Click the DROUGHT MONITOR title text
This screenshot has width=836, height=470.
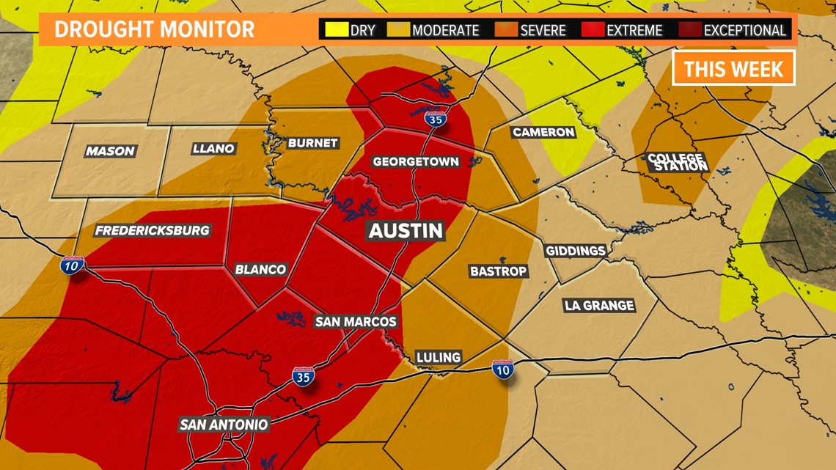click(x=154, y=29)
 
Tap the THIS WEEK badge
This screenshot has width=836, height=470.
click(x=733, y=69)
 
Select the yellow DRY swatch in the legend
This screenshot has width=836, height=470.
click(x=336, y=30)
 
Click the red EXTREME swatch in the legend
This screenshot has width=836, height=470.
click(x=593, y=30)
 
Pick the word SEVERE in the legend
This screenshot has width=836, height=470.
click(x=543, y=31)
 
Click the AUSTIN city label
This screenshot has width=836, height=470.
click(x=406, y=230)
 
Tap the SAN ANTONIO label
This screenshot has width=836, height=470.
click(x=224, y=425)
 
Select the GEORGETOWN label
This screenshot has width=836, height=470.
click(x=416, y=161)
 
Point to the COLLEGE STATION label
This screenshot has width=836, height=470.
click(x=677, y=162)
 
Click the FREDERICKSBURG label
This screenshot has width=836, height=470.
click(x=153, y=230)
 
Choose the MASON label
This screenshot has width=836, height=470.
click(x=110, y=151)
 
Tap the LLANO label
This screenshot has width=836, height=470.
click(x=213, y=148)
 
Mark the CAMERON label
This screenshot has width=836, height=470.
click(x=543, y=132)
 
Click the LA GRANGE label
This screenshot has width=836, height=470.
click(x=599, y=305)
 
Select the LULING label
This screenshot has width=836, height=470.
click(x=439, y=357)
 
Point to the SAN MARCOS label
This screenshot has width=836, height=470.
click(x=356, y=321)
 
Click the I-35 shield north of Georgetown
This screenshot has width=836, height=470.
click(x=436, y=118)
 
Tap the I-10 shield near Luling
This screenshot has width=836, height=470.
click(x=502, y=370)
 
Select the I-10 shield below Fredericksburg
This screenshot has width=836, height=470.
click(x=72, y=265)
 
